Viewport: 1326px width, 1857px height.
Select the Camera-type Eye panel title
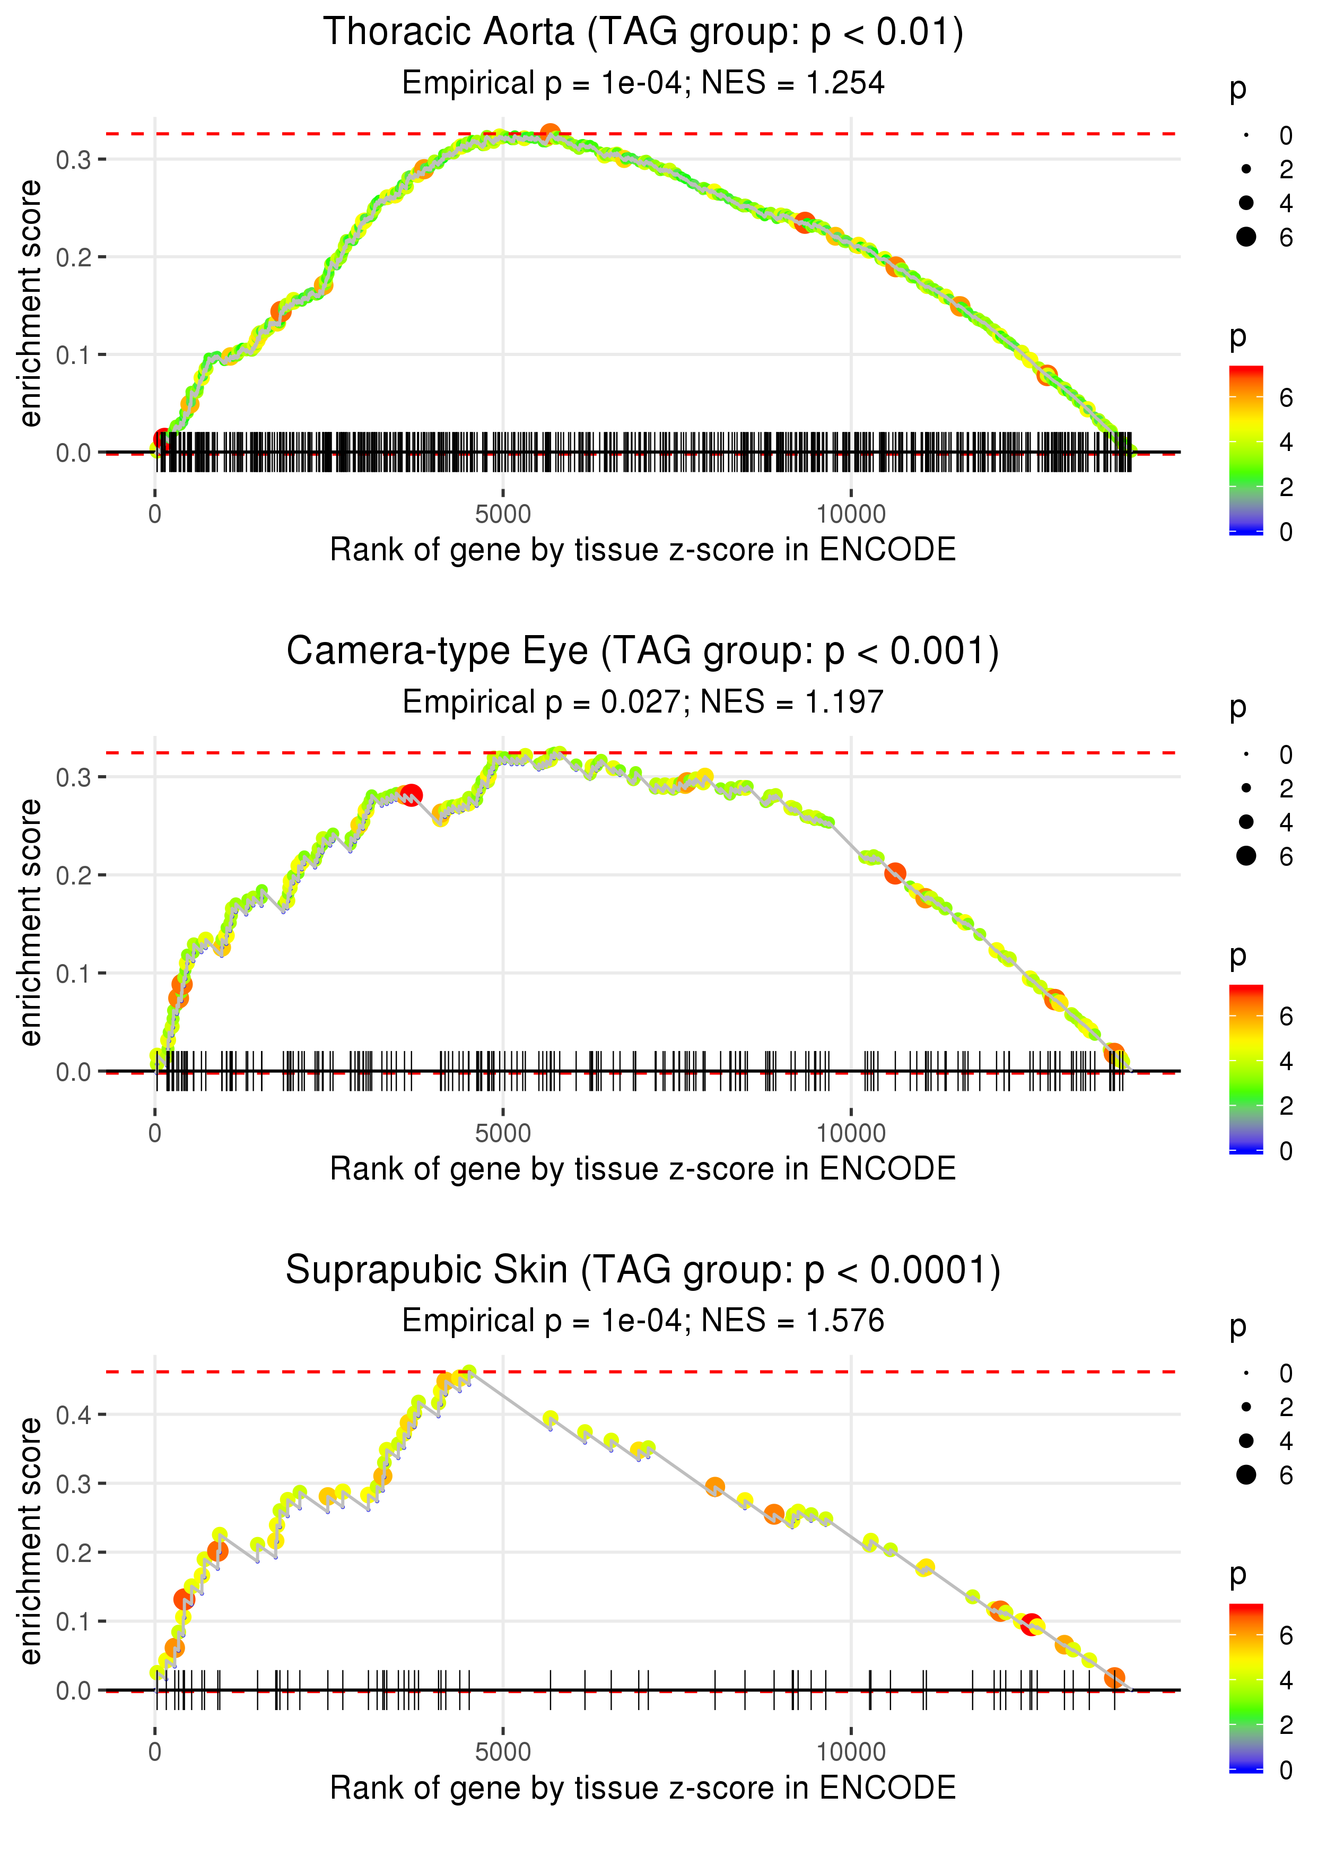643,652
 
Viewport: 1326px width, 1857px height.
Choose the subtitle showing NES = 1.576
643,1321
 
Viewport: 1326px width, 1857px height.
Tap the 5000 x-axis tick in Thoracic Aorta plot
502,515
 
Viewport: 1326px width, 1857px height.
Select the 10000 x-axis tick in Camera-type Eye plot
850,1133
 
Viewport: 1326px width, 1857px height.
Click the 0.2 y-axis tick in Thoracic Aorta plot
74,257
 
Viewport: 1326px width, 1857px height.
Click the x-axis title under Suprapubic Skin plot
643,1789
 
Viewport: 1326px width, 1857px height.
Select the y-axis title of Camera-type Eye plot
30,923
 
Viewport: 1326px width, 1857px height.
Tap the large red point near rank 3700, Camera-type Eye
412,795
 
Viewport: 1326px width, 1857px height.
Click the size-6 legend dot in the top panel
1246,237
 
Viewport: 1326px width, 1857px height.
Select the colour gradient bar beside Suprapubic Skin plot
1246,1687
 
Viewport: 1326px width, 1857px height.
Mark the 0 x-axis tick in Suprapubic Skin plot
155,1752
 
